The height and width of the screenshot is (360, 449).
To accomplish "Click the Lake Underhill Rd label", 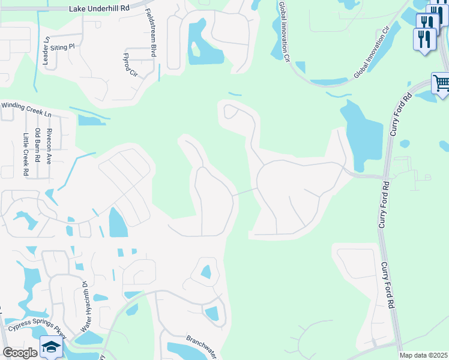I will (x=98, y=9).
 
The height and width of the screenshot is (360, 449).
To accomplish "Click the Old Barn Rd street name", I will (x=37, y=146).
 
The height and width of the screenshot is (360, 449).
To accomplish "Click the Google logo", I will (x=20, y=353).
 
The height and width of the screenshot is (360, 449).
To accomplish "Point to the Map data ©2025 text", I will (x=423, y=355).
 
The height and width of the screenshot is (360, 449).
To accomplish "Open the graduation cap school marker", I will (x=51, y=347).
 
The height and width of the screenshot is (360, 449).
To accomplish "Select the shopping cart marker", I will (x=441, y=83).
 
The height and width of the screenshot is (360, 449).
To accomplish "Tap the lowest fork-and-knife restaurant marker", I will (x=425, y=40).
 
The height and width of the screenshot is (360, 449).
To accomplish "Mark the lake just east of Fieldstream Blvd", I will (x=201, y=45).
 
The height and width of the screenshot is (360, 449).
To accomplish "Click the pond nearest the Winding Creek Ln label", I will (x=90, y=119).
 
